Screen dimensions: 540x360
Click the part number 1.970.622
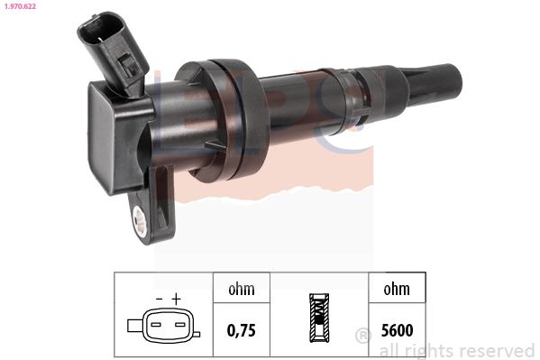(20, 6)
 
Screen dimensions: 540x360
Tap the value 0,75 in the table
(242, 330)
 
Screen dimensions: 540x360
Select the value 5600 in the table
(397, 330)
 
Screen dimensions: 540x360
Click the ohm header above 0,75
(242, 289)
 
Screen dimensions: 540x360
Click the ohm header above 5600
(397, 289)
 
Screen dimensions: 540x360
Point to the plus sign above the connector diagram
(176, 299)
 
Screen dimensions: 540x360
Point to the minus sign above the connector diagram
(159, 299)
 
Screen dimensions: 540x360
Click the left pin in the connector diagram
(156, 325)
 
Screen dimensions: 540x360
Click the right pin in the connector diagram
(179, 325)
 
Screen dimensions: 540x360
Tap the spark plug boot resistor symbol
(319, 318)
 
